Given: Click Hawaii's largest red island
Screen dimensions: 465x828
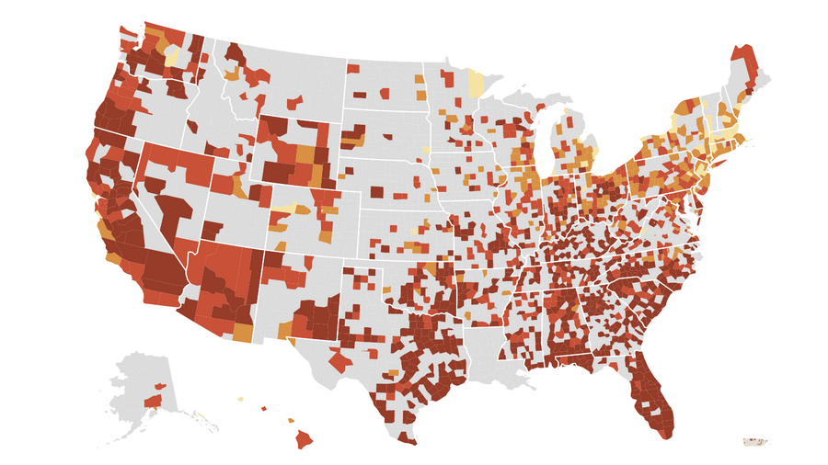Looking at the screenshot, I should point(304,439).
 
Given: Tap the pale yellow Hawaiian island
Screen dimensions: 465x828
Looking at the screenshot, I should point(241,399).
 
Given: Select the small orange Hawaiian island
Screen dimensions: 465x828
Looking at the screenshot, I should point(291,421).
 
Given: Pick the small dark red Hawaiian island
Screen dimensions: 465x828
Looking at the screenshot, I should point(264,409).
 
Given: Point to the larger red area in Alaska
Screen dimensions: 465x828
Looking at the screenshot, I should point(154,401).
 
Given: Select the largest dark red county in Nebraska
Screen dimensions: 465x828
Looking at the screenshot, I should point(375,192).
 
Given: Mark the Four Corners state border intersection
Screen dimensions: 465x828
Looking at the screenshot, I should point(264,251).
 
